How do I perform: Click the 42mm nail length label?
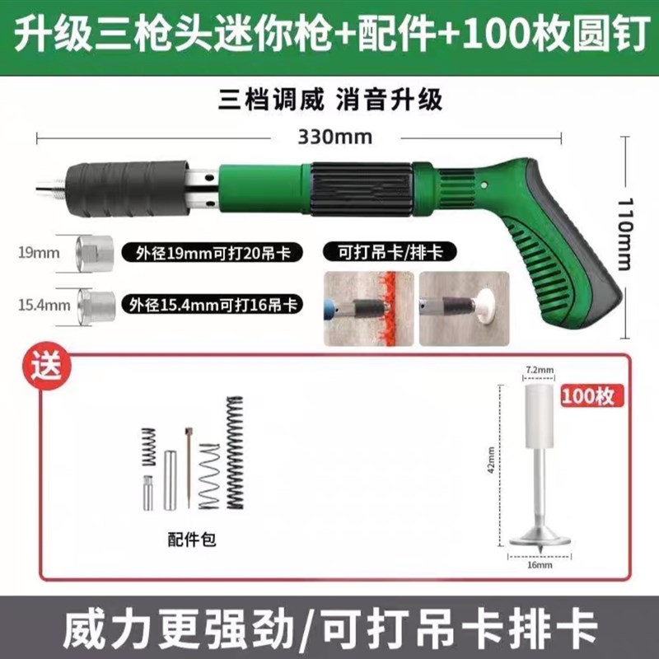491,461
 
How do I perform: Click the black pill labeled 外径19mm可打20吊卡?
211,252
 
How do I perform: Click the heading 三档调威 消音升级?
330,100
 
